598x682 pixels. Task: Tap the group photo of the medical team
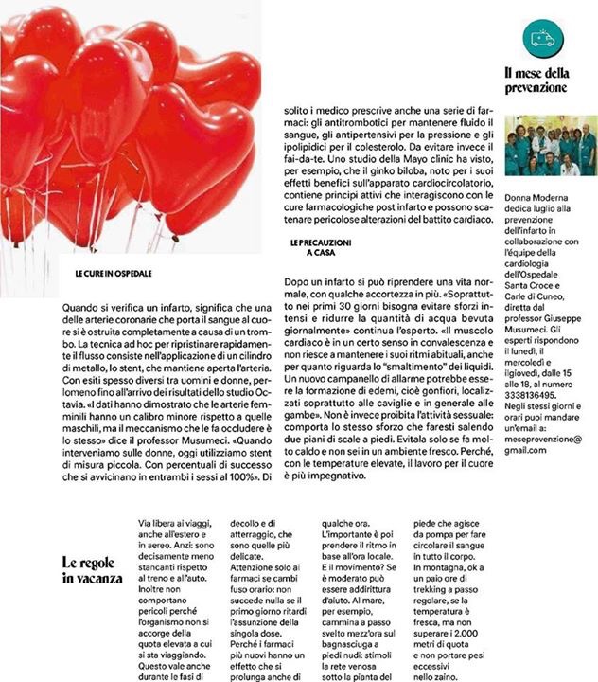551,146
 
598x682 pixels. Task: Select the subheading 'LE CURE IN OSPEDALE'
114,273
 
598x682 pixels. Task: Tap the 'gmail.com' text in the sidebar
526,451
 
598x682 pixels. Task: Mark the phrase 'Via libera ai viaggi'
175,523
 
